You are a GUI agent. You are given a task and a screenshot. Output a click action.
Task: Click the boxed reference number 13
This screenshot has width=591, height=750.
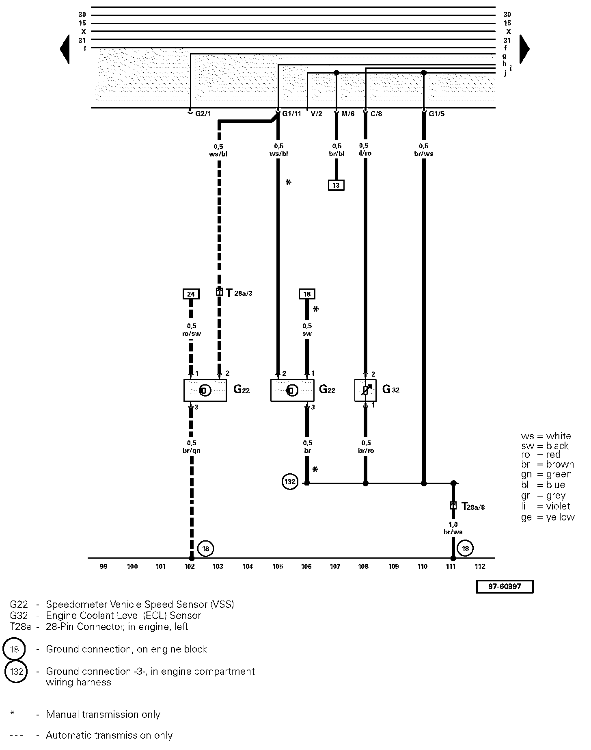point(336,185)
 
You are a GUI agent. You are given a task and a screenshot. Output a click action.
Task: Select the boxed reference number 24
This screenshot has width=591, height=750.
point(191,294)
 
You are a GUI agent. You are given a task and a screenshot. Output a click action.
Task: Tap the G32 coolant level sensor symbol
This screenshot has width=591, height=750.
point(365,390)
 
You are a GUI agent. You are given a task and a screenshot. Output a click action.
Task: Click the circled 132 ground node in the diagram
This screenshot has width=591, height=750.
point(290,482)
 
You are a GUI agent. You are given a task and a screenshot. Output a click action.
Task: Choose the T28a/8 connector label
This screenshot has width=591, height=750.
point(473,507)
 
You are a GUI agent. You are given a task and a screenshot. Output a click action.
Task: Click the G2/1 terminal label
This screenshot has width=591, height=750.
point(203,114)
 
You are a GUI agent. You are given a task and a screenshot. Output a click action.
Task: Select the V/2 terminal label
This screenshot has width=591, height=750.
point(316,114)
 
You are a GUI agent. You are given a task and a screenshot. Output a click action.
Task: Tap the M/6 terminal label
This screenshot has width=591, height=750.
point(347,114)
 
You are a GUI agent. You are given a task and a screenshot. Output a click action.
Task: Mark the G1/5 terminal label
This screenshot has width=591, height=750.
point(436,114)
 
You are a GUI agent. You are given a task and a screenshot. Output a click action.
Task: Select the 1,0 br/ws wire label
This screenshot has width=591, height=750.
point(453,528)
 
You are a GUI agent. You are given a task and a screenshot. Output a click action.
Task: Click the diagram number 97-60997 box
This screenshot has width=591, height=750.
point(505,587)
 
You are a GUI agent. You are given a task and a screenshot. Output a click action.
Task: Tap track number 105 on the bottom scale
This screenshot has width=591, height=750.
point(278,567)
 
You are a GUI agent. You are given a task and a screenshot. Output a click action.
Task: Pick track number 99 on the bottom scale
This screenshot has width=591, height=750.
point(104,567)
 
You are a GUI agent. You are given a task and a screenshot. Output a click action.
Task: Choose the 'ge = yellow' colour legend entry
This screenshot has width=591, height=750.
point(548,517)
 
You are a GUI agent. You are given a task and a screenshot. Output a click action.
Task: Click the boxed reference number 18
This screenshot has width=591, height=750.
point(307,294)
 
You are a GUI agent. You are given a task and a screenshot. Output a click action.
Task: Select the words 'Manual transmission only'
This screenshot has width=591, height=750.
point(103,714)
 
